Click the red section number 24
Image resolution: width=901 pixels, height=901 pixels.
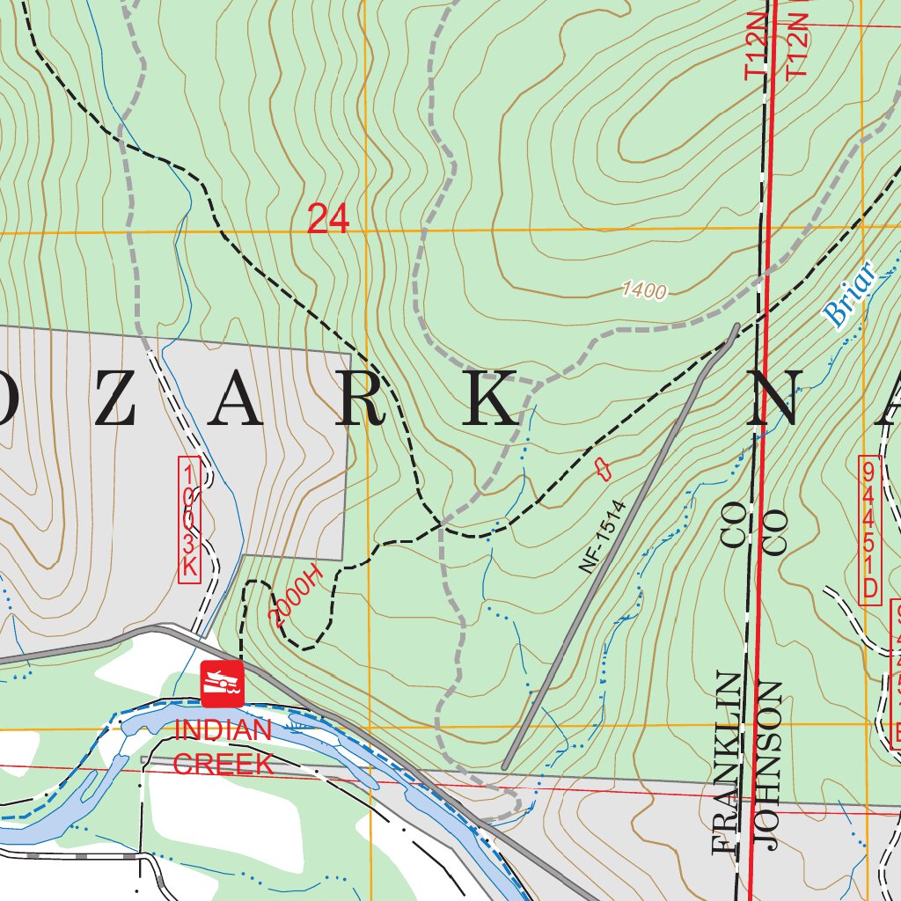pyautogui.click(x=328, y=219)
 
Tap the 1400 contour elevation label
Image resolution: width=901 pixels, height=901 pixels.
pyautogui.click(x=644, y=291)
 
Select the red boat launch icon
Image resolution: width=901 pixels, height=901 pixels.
pyautogui.click(x=222, y=684)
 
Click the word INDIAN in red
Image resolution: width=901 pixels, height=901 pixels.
pyautogui.click(x=223, y=730)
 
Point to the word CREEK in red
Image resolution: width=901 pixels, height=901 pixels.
pyautogui.click(x=223, y=763)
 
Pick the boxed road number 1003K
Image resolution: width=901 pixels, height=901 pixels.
pyautogui.click(x=189, y=519)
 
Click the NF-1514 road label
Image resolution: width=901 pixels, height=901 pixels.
pyautogui.click(x=602, y=537)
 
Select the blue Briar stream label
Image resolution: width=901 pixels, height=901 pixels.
pyautogui.click(x=850, y=295)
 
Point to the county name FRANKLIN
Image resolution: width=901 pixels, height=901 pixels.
pyautogui.click(x=728, y=763)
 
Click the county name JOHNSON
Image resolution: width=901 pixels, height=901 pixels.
pyautogui.click(x=768, y=765)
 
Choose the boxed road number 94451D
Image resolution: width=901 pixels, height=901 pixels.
pyautogui.click(x=869, y=530)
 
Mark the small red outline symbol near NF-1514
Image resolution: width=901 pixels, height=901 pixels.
pyautogui.click(x=602, y=468)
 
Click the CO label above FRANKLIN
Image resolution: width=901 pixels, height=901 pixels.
pyautogui.click(x=733, y=525)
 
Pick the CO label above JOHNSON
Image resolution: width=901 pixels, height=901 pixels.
pyautogui.click(x=774, y=532)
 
